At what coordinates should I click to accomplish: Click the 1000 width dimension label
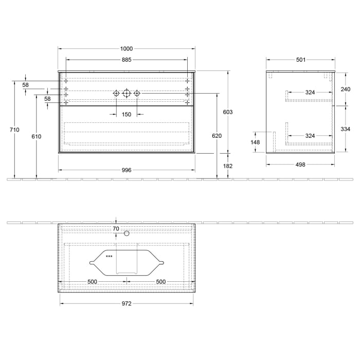coord(127,49)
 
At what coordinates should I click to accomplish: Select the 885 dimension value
coord(127,60)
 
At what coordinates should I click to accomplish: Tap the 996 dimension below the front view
coord(127,170)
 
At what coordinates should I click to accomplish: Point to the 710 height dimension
coord(14,130)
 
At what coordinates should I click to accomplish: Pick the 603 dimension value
coord(228,112)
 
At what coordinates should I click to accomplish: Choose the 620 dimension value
coord(217,136)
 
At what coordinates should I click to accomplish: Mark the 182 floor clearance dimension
coord(228,166)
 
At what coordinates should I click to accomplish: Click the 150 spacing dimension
coord(127,115)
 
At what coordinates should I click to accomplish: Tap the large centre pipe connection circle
coord(127,93)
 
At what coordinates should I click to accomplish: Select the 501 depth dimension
coord(301,60)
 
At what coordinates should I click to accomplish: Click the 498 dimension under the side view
coord(301,165)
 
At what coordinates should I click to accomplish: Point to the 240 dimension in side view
coord(345,88)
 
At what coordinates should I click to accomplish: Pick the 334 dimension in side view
coord(345,129)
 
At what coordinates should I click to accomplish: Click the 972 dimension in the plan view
coord(127,303)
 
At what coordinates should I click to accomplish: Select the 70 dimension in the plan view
coord(116,228)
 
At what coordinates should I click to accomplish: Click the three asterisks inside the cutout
coord(109,256)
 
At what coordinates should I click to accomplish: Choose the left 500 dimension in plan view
coord(92,281)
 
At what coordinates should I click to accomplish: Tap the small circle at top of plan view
coord(127,233)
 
